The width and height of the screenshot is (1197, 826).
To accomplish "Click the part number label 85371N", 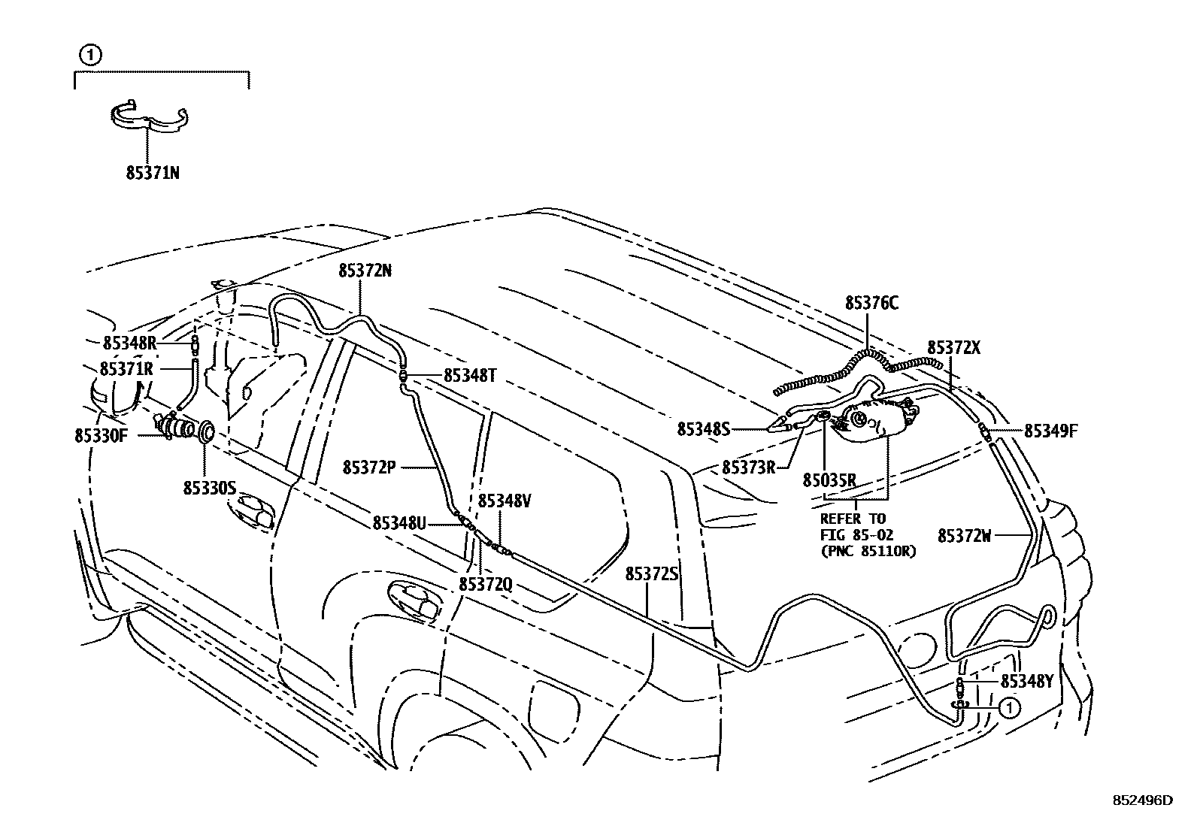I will click(153, 173).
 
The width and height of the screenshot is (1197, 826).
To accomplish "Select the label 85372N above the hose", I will click(365, 272).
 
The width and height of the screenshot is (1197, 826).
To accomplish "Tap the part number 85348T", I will click(470, 376).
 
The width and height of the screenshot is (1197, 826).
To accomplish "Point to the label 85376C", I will click(871, 304).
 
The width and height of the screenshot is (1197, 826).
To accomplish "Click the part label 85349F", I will click(1051, 431).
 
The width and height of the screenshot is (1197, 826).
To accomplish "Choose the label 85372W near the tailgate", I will click(965, 536).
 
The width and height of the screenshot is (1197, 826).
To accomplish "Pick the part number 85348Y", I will click(1027, 682).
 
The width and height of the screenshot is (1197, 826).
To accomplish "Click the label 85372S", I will click(652, 574).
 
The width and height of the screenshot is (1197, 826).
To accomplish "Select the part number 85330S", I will click(210, 489).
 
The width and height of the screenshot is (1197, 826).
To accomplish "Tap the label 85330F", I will click(102, 435).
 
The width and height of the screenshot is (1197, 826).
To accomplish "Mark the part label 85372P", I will click(369, 467).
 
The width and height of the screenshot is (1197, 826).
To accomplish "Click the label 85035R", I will click(830, 480).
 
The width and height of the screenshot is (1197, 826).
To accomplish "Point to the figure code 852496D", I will click(1143, 800).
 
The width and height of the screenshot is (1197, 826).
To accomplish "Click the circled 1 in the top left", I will click(89, 54).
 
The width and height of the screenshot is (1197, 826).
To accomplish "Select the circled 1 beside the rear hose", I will click(1010, 706).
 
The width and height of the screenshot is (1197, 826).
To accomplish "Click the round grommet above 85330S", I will click(206, 431).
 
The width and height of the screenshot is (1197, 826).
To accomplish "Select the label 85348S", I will click(704, 429).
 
